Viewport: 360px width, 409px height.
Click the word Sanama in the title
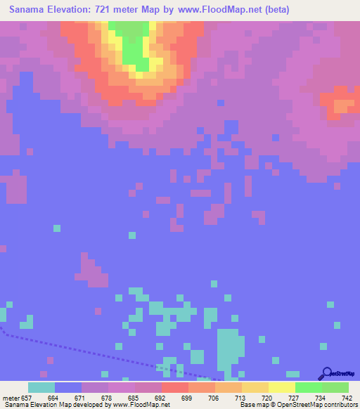coord(30,11)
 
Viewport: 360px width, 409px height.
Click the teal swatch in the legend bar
coord(41,387)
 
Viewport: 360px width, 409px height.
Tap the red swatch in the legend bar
coord(175,387)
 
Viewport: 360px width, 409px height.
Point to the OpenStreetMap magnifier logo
coord(326,372)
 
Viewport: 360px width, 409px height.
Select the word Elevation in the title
coord(75,11)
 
